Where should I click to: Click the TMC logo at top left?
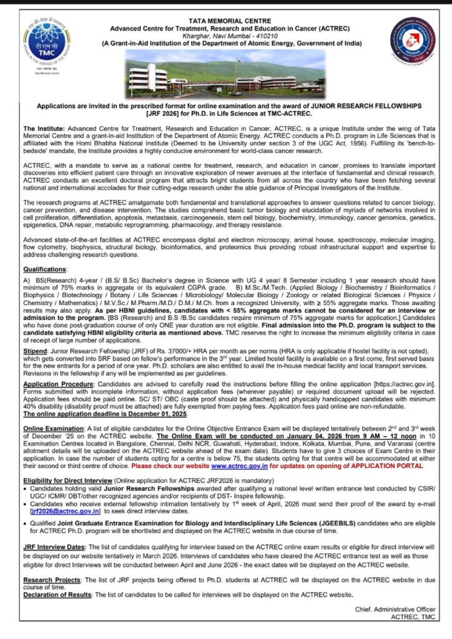[x=42, y=45]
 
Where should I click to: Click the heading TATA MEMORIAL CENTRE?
[x=227, y=21]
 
